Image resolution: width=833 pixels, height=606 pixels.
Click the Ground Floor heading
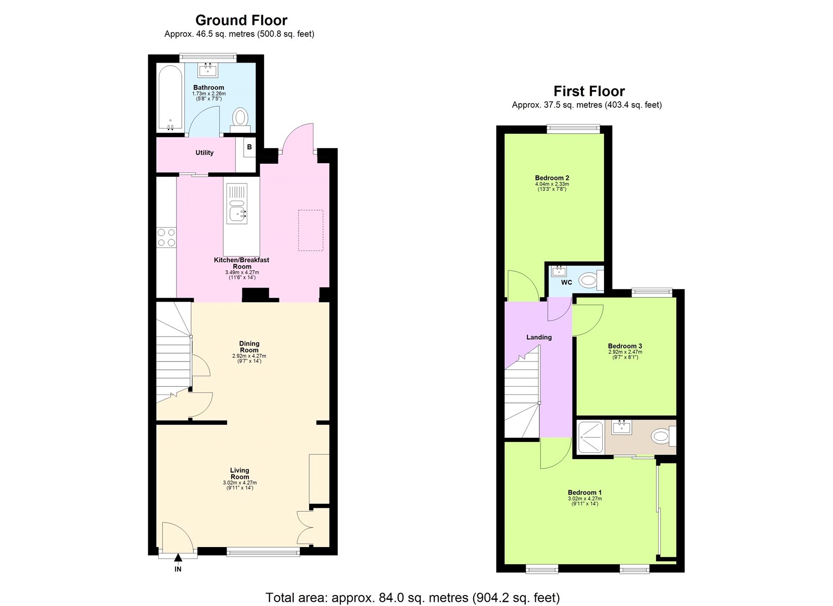241,20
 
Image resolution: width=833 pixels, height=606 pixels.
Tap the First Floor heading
589,91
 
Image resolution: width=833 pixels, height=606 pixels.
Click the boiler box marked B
249,147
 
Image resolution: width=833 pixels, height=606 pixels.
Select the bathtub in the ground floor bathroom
170,98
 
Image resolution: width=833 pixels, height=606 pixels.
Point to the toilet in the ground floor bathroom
241,118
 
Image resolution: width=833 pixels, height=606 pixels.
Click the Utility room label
204,153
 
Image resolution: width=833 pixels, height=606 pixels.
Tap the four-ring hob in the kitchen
167,237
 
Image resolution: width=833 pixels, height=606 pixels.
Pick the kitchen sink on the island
237,213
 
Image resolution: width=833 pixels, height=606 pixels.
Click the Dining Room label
249,347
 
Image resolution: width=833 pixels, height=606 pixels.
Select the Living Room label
239,473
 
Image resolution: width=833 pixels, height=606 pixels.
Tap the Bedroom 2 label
552,178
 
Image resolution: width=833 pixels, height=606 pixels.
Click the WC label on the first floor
566,282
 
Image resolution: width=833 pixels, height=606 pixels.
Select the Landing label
539,337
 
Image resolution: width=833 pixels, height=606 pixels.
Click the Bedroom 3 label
625,346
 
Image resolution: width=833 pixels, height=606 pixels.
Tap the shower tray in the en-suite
591,437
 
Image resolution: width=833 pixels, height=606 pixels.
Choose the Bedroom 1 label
585,492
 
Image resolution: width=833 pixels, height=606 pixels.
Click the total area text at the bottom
412,597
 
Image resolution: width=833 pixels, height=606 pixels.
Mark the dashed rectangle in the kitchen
310,230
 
